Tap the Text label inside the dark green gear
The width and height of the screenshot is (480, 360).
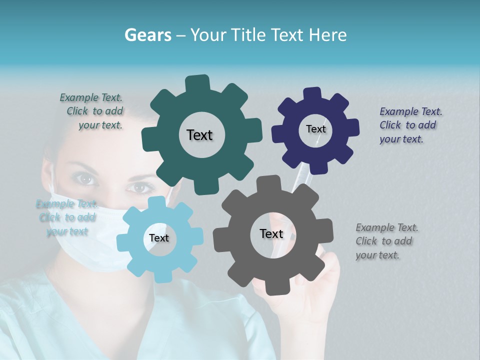(199, 135)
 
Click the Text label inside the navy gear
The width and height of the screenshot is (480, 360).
(315, 129)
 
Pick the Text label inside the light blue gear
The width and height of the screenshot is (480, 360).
(159, 238)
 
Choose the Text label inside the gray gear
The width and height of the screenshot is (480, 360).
(271, 233)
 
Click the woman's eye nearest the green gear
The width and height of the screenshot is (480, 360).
(141, 187)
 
